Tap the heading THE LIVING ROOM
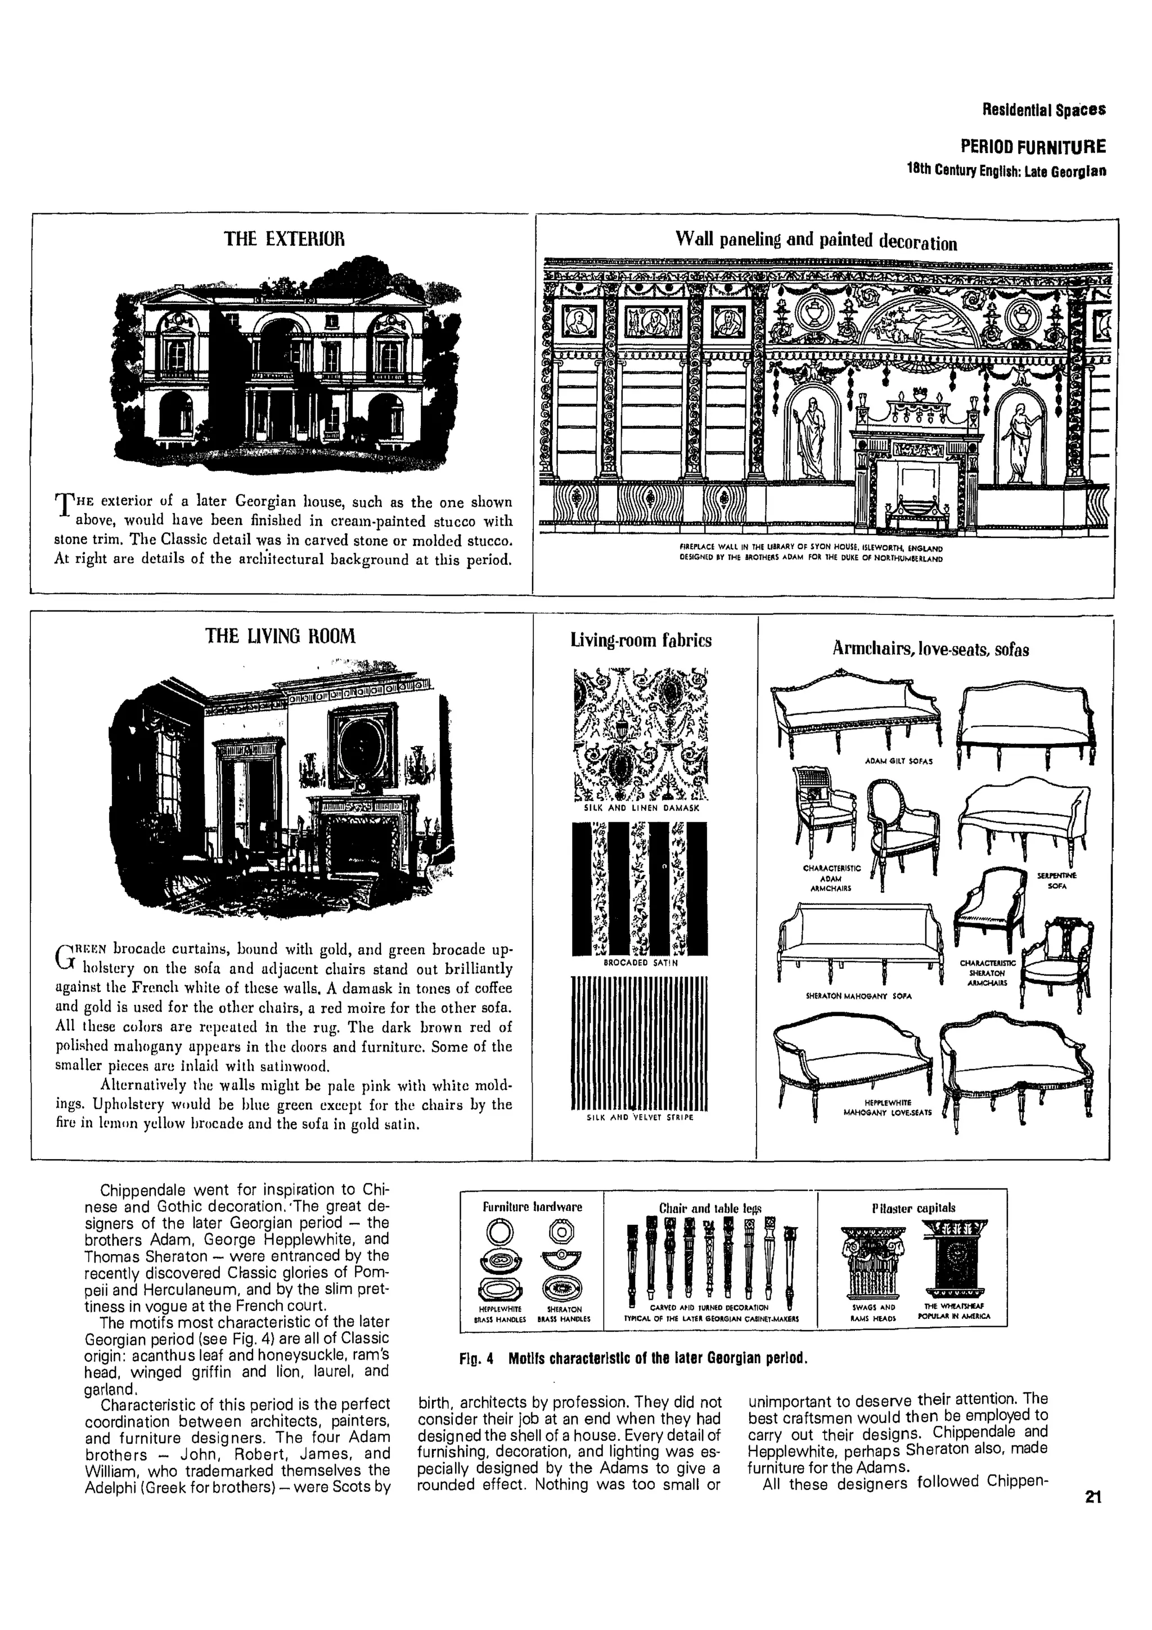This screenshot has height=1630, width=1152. [280, 636]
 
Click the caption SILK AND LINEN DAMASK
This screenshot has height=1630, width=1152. [641, 808]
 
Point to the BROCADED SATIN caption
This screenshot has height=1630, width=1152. [640, 963]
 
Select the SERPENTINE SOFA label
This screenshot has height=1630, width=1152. [1056, 881]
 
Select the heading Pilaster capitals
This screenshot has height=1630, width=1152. [913, 1207]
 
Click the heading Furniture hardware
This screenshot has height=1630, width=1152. [532, 1207]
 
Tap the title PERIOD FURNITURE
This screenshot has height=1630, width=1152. [1032, 147]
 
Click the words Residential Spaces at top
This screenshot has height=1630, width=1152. [1043, 110]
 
